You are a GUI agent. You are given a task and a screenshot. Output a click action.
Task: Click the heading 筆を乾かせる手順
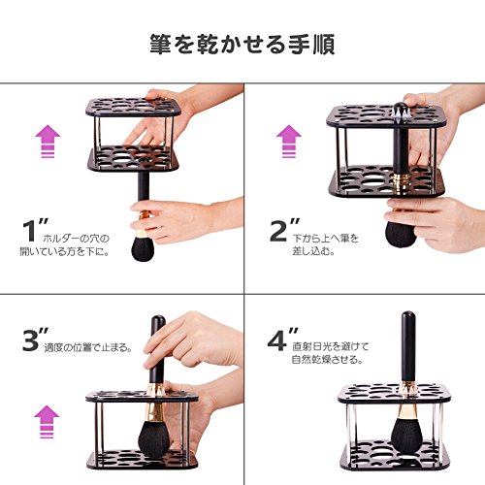point(242,45)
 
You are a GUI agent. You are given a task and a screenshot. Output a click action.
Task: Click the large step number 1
point(29,231)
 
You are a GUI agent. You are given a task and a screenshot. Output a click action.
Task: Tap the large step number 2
point(278,231)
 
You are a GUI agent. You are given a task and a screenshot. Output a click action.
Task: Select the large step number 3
point(31,340)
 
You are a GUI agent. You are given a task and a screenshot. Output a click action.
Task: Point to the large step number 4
point(276,340)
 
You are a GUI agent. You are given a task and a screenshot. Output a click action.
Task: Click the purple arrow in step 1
point(48,142)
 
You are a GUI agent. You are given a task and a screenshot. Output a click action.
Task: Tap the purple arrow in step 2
point(289,142)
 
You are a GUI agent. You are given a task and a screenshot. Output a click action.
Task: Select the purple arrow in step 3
point(47,422)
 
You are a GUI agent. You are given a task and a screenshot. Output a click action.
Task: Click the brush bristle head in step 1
point(143,248)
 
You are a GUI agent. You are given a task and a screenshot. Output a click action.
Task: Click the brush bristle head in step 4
point(406,435)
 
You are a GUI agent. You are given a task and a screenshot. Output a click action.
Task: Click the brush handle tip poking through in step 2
point(401,108)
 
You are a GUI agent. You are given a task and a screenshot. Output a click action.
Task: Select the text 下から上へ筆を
point(326,239)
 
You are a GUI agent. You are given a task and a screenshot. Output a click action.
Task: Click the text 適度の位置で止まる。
point(88,347)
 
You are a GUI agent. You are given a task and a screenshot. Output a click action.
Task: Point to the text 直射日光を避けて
point(331,346)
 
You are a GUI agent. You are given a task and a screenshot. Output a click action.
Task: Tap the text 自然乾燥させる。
point(327,360)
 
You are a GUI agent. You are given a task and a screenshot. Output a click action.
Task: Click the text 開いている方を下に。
point(64,251)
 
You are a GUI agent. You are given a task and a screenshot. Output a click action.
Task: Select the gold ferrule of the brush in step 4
point(405,400)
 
